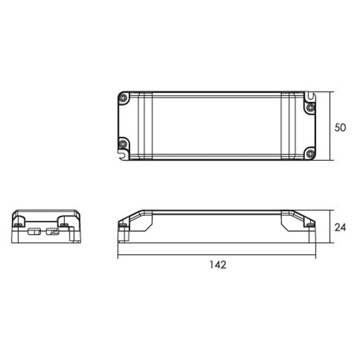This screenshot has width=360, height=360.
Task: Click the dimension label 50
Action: [340, 127]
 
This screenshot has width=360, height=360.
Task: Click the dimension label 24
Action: [340, 228]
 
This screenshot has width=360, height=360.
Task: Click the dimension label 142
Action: [218, 265]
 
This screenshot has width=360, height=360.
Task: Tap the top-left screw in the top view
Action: [124, 98]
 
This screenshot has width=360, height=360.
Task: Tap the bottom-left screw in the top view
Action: [123, 144]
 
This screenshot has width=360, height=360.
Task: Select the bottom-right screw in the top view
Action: [310, 153]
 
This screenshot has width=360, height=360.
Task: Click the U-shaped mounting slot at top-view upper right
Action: [310, 96]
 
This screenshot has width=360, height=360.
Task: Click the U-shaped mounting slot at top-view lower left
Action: [123, 155]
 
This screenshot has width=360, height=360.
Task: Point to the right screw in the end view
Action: [64, 225]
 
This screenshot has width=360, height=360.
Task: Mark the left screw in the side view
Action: [122, 225]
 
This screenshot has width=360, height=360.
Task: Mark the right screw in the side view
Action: [310, 225]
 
